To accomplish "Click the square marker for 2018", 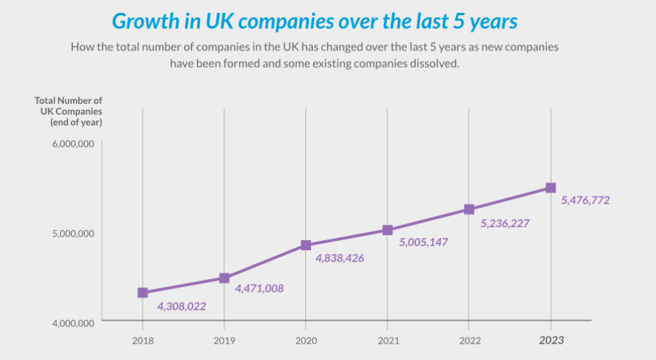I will tap(143, 293).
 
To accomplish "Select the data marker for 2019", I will tap(224, 278).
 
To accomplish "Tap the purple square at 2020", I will tap(306, 245).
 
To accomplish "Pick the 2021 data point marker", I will tap(387, 230).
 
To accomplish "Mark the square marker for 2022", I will tap(469, 209).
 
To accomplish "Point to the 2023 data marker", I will tap(551, 188).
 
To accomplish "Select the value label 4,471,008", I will tap(259, 288).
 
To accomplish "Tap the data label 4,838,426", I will tap(340, 257).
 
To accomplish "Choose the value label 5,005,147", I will tap(423, 242).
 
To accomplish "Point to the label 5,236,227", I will tap(505, 223).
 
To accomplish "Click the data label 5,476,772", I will tap(585, 200).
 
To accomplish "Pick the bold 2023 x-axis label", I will tap(551, 340).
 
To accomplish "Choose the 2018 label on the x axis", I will tap(143, 340).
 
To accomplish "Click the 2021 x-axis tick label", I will tap(387, 340).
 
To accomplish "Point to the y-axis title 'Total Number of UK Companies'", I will tap(69, 111).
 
